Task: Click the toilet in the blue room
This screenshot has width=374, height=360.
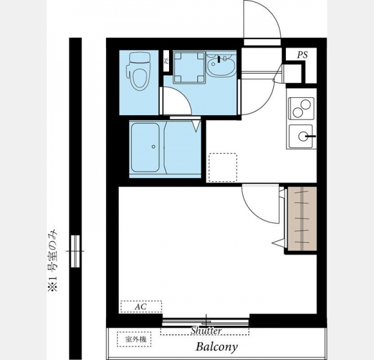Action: [138, 71]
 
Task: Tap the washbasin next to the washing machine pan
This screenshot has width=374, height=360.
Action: [221, 65]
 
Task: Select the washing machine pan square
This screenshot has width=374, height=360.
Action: [189, 67]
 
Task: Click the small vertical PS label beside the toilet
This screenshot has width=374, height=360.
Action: [167, 61]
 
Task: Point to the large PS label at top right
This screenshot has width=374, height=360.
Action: [302, 55]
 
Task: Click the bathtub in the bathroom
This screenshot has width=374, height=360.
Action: [145, 147]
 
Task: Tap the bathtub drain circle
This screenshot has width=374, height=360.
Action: [153, 146]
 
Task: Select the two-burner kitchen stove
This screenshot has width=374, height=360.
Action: [301, 109]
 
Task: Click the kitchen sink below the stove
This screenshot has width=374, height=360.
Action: [301, 136]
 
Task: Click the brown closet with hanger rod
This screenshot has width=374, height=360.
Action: [302, 218]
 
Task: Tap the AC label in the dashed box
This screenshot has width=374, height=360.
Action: [140, 307]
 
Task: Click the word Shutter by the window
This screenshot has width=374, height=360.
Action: [206, 331]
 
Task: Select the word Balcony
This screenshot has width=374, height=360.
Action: [216, 347]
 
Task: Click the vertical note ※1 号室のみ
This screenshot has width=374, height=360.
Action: [53, 260]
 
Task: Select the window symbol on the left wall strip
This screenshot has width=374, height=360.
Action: [76, 251]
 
